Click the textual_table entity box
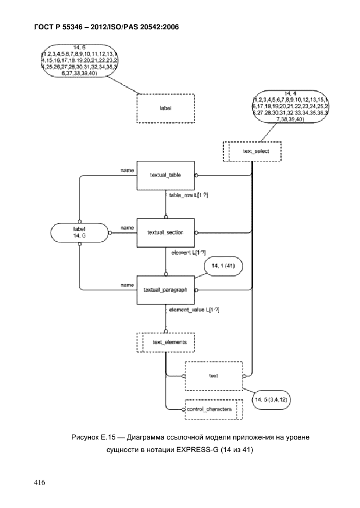point(165,175)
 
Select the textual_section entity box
point(165,233)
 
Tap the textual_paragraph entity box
point(165,290)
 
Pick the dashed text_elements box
point(165,342)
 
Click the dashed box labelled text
point(213,375)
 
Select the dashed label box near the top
point(165,108)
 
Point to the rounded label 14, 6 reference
point(79,233)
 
